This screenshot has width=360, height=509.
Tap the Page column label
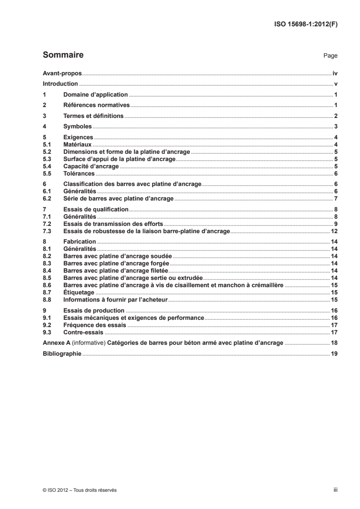pos(330,56)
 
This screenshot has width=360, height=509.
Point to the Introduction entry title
pos(60,84)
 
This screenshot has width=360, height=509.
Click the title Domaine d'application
pos(96,95)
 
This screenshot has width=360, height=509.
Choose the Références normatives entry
pos(97,105)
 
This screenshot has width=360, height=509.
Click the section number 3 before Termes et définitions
pos(44,116)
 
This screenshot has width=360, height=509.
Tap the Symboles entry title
pos(78,127)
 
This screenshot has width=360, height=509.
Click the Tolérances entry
pos(79,174)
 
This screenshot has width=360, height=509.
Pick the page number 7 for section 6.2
pos(335,199)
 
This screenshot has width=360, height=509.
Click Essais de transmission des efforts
pos(113,225)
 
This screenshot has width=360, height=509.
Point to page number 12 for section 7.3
pos(334,231)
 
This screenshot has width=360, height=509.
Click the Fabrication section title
pos(79,242)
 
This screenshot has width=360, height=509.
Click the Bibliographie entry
pos(62,353)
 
